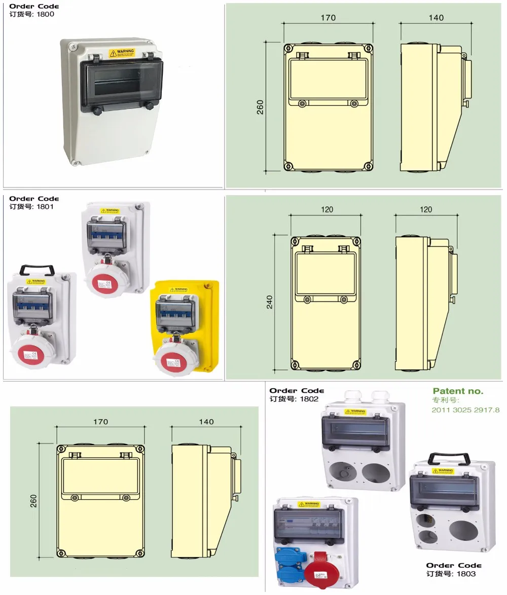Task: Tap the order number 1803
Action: click(x=466, y=574)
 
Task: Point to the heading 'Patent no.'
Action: click(x=458, y=391)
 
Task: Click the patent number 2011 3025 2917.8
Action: click(x=465, y=410)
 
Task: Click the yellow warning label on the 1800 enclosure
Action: click(x=121, y=52)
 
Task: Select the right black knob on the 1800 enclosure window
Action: click(x=149, y=105)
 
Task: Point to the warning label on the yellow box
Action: click(x=179, y=290)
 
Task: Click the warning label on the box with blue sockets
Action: click(x=309, y=504)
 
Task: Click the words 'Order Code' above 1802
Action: click(x=297, y=391)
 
